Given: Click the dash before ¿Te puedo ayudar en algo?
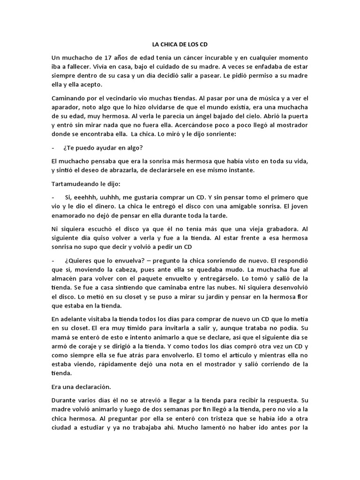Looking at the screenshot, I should pyautogui.click(x=53, y=147).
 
